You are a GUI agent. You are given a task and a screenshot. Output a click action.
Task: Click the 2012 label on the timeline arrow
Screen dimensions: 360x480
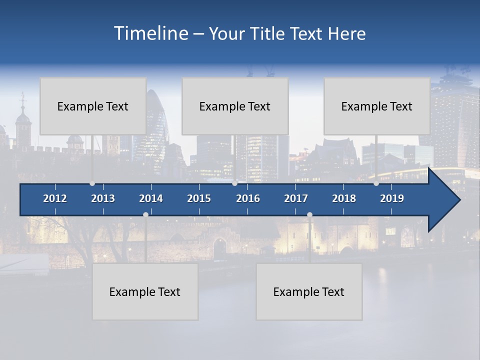55,198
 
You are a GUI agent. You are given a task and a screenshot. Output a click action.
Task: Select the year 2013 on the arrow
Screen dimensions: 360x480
103,198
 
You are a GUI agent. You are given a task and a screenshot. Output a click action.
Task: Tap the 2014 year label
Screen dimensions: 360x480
151,198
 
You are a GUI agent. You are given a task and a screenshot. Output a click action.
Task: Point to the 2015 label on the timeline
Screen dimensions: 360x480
199,198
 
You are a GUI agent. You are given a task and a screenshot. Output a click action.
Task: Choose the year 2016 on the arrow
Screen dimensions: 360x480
248,198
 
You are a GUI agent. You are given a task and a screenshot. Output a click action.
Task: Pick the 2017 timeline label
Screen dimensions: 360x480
296,198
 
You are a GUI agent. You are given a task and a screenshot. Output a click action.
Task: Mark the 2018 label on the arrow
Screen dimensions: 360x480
344,198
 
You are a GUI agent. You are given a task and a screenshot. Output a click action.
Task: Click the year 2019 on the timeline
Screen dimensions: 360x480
392,198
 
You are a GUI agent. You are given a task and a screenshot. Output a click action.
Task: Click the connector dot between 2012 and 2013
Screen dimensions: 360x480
92,183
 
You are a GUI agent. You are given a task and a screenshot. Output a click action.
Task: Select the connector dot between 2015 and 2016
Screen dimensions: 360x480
234,183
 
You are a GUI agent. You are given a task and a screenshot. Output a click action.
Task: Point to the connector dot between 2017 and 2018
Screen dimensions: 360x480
309,215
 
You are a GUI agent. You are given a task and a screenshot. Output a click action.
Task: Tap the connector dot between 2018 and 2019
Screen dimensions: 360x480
376,183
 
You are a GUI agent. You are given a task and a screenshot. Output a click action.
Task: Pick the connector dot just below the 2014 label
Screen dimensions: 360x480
145,215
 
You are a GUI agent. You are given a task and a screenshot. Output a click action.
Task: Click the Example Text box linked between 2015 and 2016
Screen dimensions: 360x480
235,106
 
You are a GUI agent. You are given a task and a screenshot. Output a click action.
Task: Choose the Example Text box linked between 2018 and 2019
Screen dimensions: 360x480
377,106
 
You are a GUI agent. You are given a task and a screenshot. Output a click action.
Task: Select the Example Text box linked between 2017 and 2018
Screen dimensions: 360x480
309,291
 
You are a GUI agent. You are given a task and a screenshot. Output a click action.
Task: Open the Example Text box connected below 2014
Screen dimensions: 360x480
145,291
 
